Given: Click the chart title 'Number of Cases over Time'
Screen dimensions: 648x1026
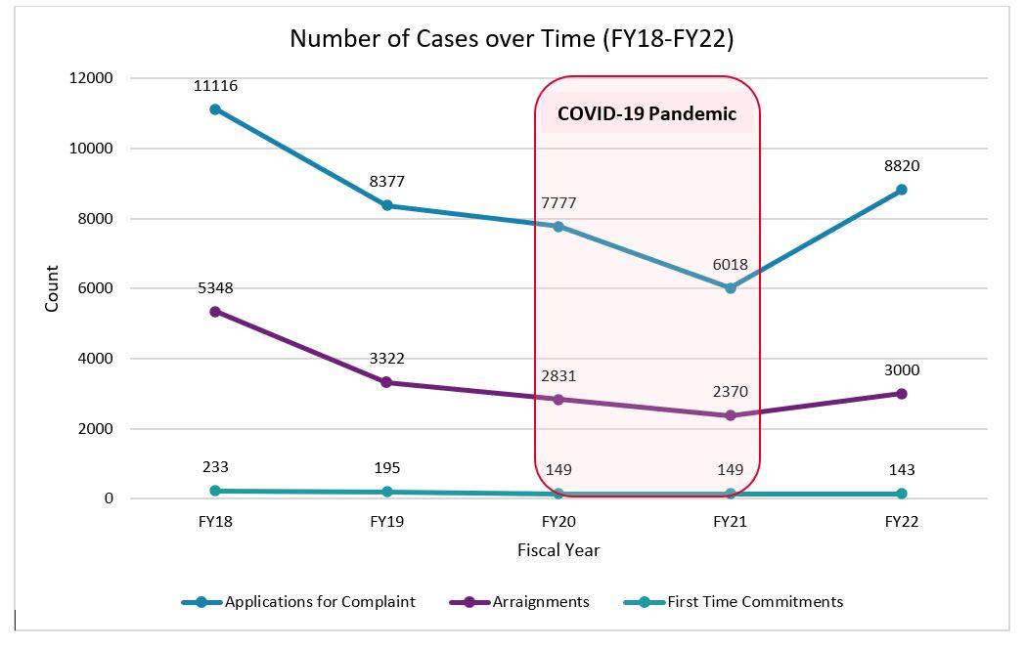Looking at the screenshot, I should pos(512,39).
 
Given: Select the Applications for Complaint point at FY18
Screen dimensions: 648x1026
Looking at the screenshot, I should pos(215,109).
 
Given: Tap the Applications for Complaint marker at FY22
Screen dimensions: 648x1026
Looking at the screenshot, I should pos(901,190).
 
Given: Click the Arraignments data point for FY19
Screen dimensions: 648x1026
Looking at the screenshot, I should pos(387,382).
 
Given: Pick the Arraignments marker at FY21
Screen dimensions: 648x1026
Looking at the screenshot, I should pos(731,415).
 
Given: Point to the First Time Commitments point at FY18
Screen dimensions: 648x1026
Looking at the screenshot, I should pos(215,491).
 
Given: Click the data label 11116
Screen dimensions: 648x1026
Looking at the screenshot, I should pos(215,86).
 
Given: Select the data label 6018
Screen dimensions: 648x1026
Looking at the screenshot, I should pos(731,265).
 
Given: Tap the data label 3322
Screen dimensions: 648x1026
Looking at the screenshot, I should pos(387,359).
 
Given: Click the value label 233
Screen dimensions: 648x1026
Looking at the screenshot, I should pos(215,467).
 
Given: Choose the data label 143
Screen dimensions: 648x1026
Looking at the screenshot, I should pos(901,469).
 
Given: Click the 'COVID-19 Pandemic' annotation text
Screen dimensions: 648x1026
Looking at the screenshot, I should pos(647,113).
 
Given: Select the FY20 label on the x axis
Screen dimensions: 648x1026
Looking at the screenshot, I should pos(558,522).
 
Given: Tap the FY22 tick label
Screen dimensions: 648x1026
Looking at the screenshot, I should pos(901,522).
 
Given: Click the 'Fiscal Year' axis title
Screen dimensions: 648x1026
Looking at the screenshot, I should pos(558,550).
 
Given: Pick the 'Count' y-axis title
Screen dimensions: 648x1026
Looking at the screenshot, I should pos(52,288).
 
